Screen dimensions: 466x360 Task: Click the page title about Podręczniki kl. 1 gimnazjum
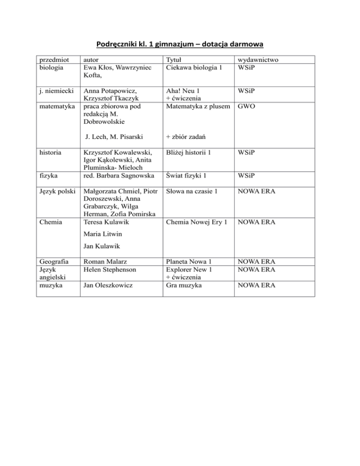180,45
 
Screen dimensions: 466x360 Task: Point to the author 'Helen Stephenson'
109,270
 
